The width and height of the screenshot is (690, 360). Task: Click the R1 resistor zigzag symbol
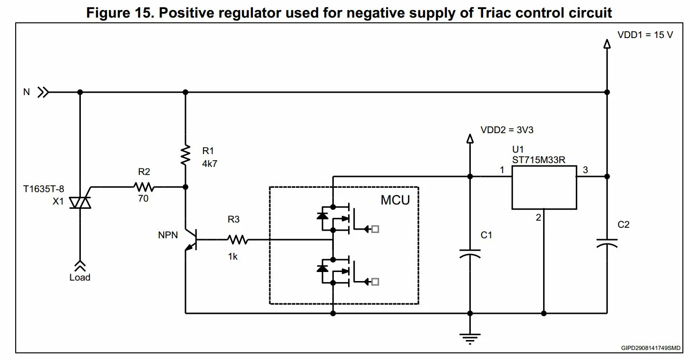185,156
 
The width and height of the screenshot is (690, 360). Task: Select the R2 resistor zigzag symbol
144,187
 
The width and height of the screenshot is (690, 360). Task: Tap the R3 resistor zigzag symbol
237,240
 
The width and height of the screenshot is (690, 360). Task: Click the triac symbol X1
80,203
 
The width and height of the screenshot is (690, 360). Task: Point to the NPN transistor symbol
191,240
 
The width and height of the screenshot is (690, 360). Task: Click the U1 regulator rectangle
544,187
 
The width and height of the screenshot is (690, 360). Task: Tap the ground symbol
470,339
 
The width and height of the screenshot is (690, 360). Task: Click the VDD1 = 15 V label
645,35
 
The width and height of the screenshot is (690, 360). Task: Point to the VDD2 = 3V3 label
507,130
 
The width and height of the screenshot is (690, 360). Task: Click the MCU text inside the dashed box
395,200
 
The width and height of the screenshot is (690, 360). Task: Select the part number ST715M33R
539,160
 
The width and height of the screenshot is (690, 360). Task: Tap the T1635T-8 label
43,189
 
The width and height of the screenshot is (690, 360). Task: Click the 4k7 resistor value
209,164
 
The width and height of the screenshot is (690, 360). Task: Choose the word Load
80,277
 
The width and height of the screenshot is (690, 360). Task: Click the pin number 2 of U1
538,217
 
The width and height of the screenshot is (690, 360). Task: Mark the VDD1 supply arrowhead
607,44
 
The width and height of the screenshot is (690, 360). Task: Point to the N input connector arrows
43,92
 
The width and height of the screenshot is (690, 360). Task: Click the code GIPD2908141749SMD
651,348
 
